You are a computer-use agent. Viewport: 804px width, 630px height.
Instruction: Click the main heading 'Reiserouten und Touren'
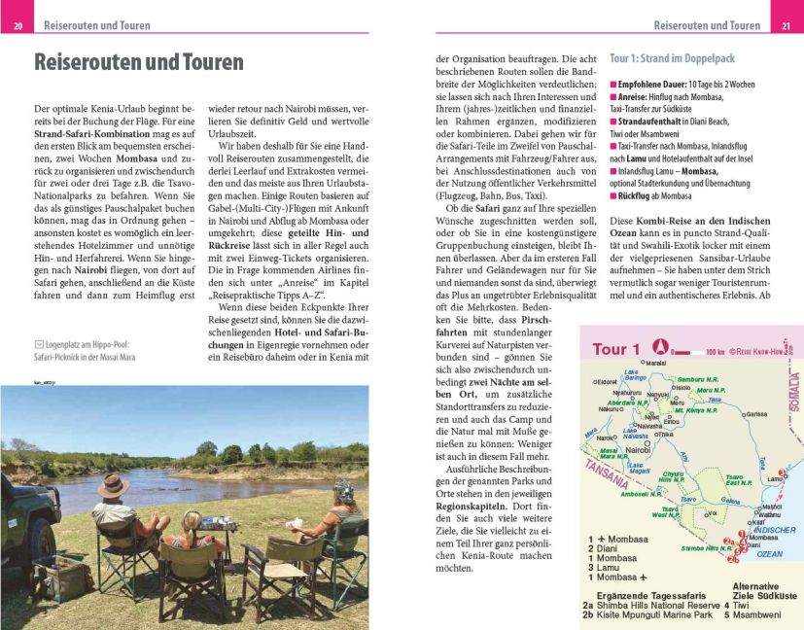pyautogui.click(x=139, y=63)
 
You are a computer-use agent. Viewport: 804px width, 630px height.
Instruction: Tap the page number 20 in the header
pyautogui.click(x=17, y=25)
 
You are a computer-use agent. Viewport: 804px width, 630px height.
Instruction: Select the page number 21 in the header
pyautogui.click(x=786, y=25)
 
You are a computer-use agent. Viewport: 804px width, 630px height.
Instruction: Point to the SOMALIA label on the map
pyautogui.click(x=793, y=395)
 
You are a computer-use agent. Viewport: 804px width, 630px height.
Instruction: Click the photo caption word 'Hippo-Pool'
pyautogui.click(x=123, y=344)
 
